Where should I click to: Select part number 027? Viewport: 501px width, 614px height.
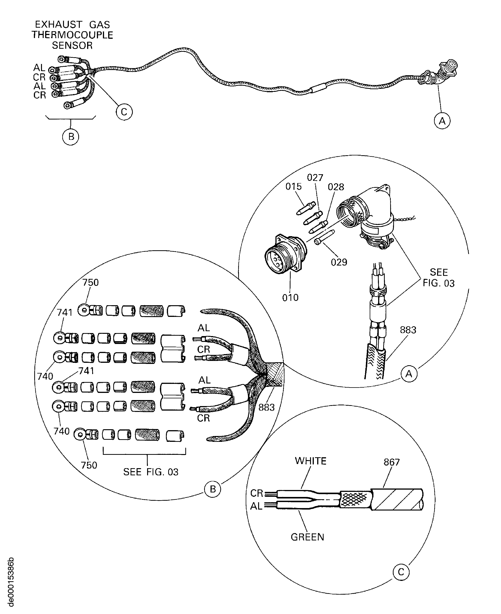click(x=315, y=177)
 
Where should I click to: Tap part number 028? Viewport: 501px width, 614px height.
click(x=336, y=187)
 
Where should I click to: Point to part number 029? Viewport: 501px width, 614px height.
click(x=339, y=262)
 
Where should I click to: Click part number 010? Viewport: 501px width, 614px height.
click(x=290, y=298)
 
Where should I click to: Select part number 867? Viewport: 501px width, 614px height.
click(x=392, y=462)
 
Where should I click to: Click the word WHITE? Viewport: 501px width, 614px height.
click(x=311, y=461)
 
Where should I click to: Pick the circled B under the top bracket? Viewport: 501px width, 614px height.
click(x=71, y=137)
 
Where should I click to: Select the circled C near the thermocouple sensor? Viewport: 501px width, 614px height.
click(x=124, y=112)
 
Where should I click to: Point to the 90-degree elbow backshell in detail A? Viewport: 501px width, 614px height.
click(x=366, y=215)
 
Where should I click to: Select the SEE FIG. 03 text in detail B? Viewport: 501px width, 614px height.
click(x=151, y=472)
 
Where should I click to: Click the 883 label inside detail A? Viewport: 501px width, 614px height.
click(x=408, y=330)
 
